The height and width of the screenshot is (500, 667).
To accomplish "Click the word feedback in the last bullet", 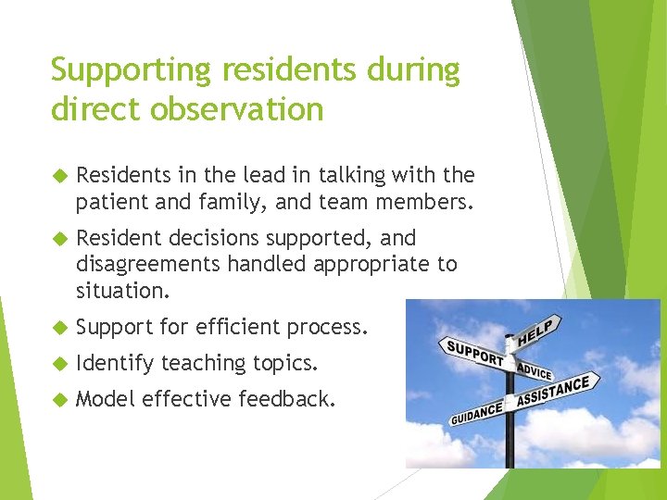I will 286,399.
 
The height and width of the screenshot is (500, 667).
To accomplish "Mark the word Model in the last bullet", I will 106,399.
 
